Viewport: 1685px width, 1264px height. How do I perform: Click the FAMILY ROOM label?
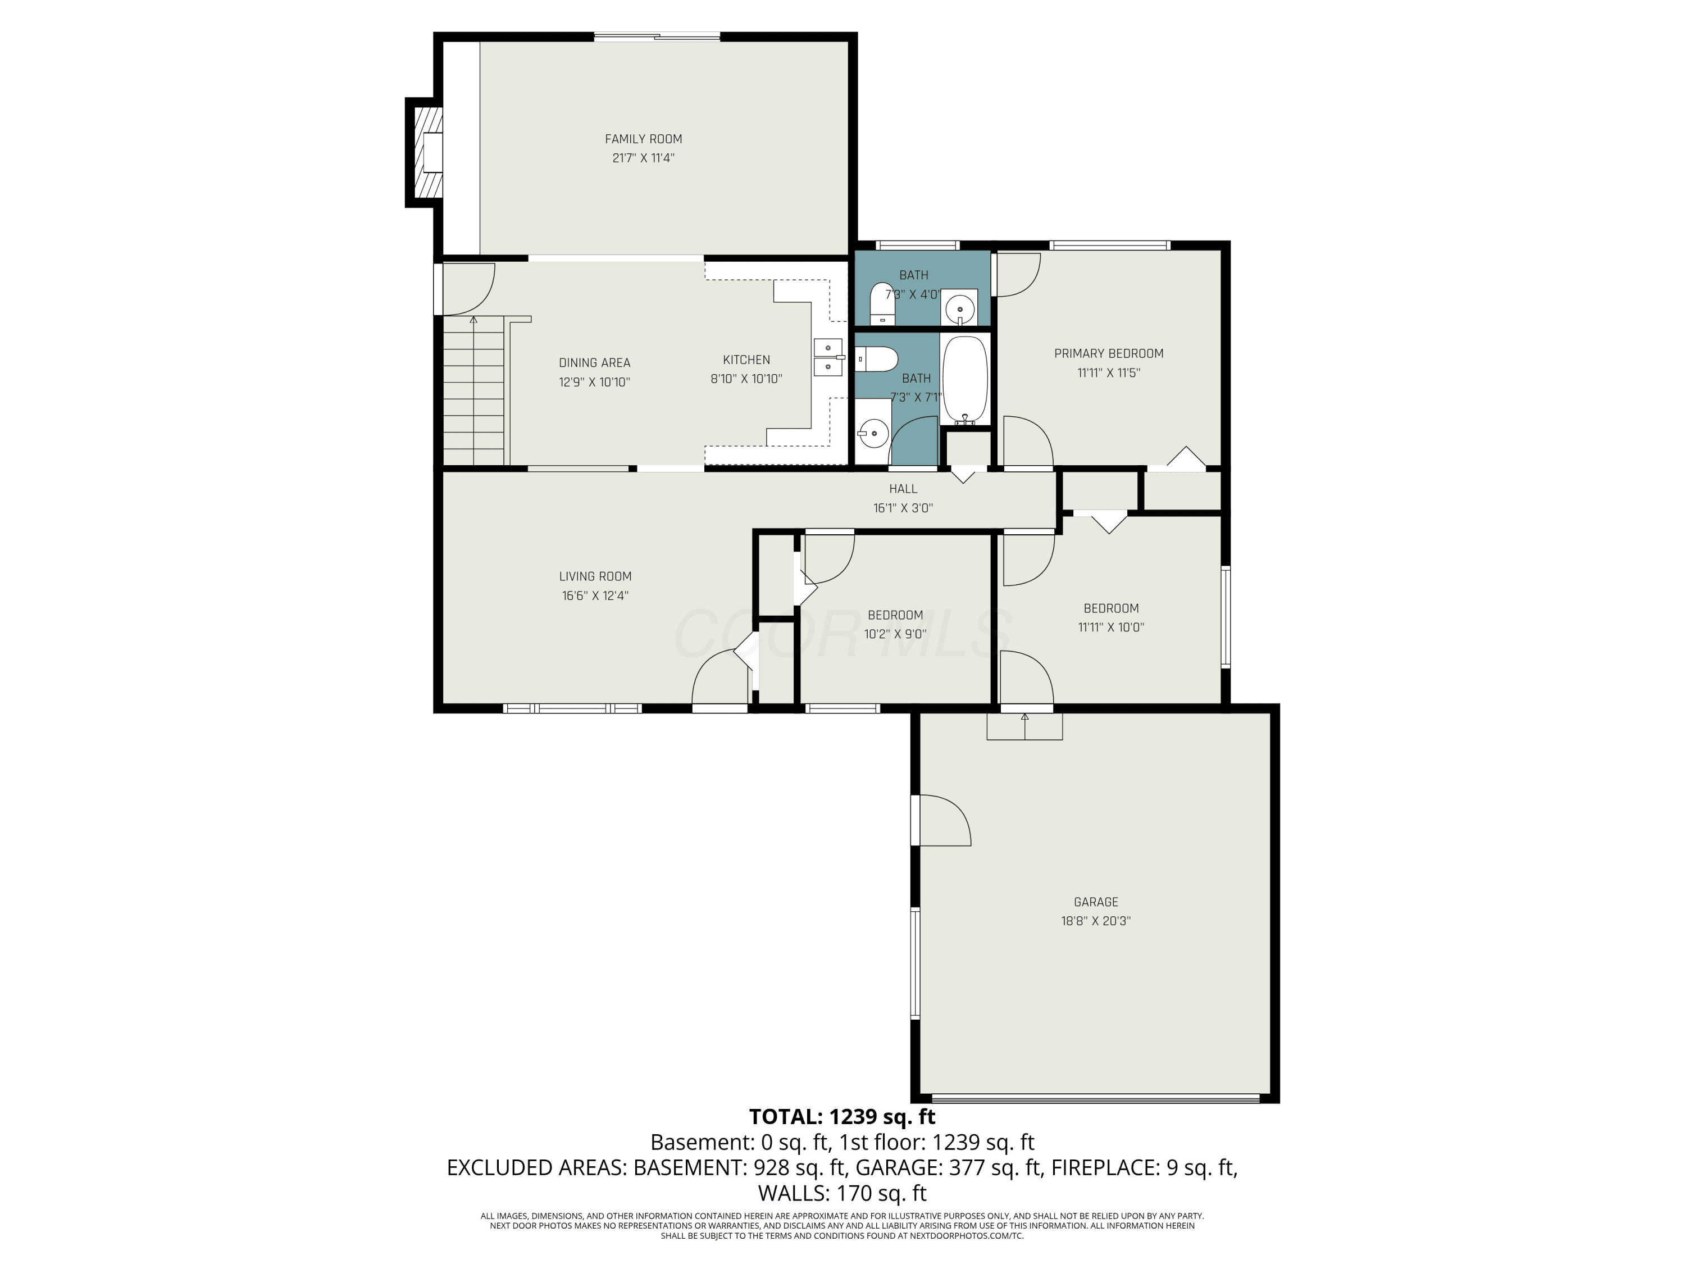click(643, 139)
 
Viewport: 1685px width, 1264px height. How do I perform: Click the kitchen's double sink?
click(828, 357)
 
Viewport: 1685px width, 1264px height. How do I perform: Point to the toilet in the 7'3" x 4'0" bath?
click(882, 302)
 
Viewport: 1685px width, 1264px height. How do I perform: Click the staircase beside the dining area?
click(474, 392)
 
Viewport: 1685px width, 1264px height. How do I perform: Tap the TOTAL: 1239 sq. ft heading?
click(842, 1117)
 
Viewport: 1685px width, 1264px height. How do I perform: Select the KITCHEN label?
click(746, 360)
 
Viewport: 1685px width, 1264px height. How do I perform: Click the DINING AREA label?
click(594, 363)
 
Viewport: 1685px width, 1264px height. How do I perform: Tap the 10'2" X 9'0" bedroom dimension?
click(895, 634)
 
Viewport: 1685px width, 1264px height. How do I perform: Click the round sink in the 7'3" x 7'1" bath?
click(873, 433)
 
